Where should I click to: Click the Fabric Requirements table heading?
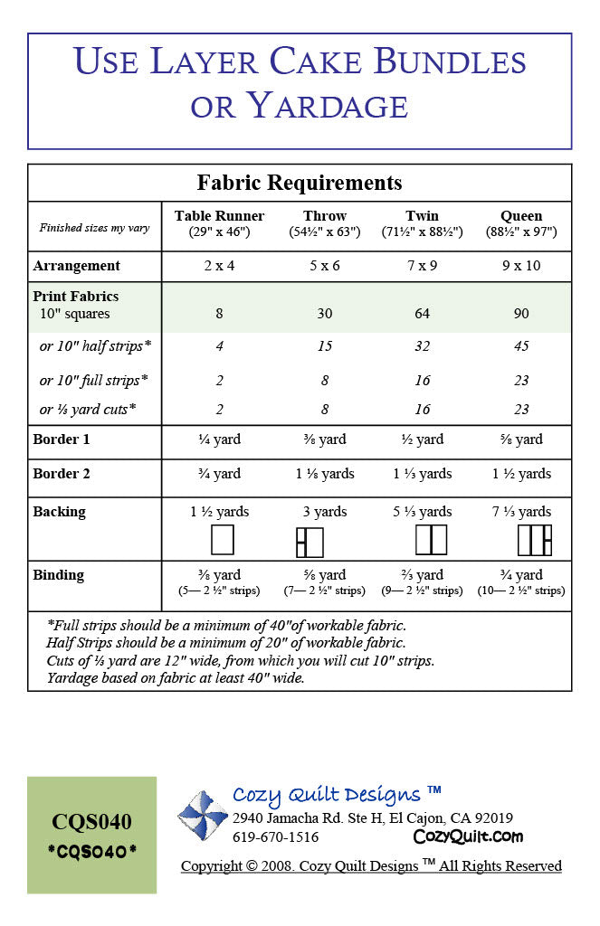point(300,183)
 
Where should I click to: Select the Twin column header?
point(422,216)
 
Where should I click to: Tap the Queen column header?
point(521,216)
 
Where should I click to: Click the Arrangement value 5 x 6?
point(325,266)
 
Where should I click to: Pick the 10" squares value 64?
point(423,314)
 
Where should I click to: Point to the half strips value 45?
point(521,346)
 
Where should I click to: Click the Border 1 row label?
point(62,439)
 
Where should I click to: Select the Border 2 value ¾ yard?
point(219,474)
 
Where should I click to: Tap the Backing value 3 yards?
point(325,512)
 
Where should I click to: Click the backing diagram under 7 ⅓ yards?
point(534,540)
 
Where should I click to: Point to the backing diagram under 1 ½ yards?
point(222,540)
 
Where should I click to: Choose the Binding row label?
point(59,575)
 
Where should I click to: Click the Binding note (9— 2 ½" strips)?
point(422,591)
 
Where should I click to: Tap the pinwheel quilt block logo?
point(202,816)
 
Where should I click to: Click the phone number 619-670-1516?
point(276,837)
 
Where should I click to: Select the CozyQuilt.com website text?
point(468,836)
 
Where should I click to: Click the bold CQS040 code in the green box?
point(91,821)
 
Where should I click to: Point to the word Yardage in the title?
point(328,106)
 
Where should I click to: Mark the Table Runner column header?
point(219,216)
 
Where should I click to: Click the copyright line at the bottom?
point(371,866)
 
